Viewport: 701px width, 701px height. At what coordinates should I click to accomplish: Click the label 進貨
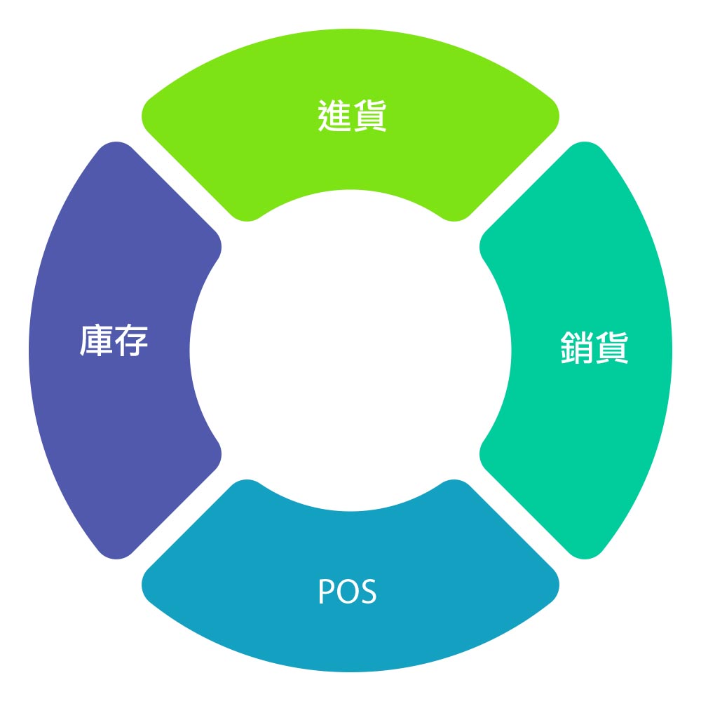tap(352, 116)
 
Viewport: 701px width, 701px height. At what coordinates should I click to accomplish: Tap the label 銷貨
tap(594, 347)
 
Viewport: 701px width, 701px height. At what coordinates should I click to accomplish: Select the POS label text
tap(348, 592)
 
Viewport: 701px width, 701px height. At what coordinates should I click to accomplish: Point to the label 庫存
tap(114, 341)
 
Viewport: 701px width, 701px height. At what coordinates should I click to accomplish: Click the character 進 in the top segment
tap(334, 116)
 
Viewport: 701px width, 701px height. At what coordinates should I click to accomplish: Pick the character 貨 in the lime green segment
tap(369, 116)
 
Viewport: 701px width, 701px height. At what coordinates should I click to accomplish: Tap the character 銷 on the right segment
tap(577, 347)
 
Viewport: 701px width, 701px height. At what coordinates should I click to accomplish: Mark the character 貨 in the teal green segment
tap(612, 347)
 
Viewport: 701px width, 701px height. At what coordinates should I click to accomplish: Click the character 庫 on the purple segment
tap(96, 341)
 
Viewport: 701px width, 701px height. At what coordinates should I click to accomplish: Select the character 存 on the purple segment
tap(131, 341)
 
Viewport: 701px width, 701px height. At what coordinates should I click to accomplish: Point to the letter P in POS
tap(327, 592)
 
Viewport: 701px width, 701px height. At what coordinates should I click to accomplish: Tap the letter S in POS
tap(368, 592)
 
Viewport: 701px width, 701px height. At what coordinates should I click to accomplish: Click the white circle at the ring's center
tap(350, 350)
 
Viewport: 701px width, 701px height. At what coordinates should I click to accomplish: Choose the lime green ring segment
tap(350, 161)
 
